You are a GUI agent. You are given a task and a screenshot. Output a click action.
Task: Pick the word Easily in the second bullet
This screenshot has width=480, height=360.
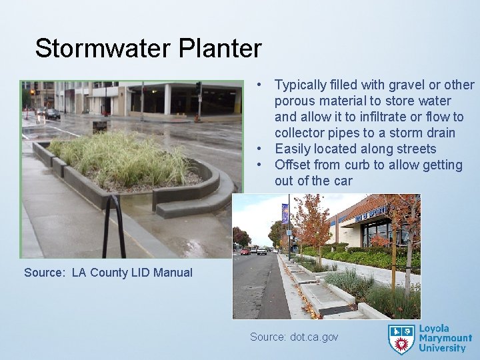click(294, 149)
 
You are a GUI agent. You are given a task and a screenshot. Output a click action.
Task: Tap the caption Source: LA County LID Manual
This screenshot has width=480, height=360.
click(108, 272)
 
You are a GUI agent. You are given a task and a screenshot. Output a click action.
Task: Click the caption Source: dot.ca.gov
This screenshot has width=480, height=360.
click(294, 337)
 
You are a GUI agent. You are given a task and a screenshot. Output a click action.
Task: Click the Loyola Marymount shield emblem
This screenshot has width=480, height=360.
click(401, 338)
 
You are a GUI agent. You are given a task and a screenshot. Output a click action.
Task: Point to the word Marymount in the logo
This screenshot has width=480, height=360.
click(445, 339)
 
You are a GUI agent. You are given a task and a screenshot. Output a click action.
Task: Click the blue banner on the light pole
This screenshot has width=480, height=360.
click(285, 213)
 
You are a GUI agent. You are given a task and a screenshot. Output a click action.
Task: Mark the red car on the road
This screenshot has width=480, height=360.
click(245, 251)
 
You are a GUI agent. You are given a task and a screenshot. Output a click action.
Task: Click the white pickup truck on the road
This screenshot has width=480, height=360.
click(261, 251)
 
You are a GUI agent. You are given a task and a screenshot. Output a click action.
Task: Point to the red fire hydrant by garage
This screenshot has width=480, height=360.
click(197, 119)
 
